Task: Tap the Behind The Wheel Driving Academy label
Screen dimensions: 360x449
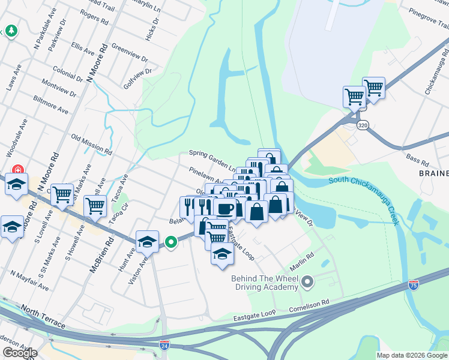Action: (x=265, y=283)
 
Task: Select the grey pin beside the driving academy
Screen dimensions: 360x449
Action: (x=308, y=281)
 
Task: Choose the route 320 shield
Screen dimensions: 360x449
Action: (x=362, y=125)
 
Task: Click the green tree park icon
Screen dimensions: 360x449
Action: (x=11, y=31)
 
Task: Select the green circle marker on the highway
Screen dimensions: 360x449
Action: (x=171, y=242)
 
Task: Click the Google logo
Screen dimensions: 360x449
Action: (x=20, y=353)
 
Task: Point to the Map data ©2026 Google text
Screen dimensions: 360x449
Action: (x=412, y=355)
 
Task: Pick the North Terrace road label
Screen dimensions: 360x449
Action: (x=43, y=317)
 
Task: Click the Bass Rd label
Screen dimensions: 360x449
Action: (x=417, y=160)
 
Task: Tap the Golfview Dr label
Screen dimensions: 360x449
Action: (x=128, y=77)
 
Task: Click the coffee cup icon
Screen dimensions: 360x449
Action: (x=224, y=208)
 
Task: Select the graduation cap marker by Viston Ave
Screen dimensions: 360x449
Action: (x=147, y=241)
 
